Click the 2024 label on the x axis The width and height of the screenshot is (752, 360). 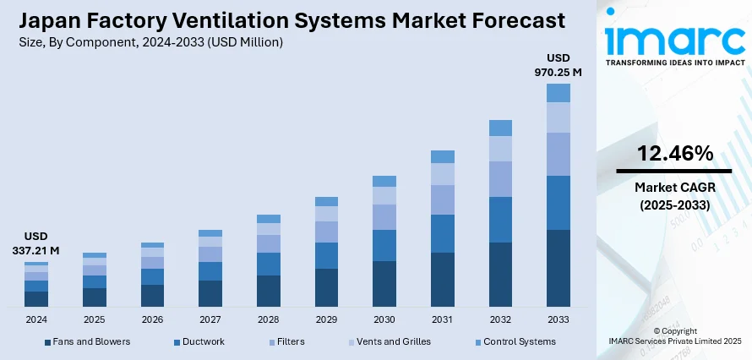pos(36,320)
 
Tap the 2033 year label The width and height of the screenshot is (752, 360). pos(558,320)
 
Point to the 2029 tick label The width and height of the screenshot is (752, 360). pos(326,320)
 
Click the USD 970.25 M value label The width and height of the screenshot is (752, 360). pos(558,65)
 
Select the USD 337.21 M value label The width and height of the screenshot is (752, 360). pos(36,243)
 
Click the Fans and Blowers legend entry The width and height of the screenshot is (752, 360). pos(87,341)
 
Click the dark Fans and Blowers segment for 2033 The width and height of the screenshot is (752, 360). pos(558,268)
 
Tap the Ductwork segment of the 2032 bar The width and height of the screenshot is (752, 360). pos(500,220)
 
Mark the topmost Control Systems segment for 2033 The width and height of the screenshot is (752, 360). pos(558,93)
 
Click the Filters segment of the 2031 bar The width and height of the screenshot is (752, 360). pos(443,199)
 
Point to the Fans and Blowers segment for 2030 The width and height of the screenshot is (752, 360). pos(384,283)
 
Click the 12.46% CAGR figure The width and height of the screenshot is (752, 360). pos(673,153)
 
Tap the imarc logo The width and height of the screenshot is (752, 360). pos(673,42)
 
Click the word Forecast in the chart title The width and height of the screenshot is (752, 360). pos(510,19)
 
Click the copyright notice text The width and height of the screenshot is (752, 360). pos(673,335)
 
